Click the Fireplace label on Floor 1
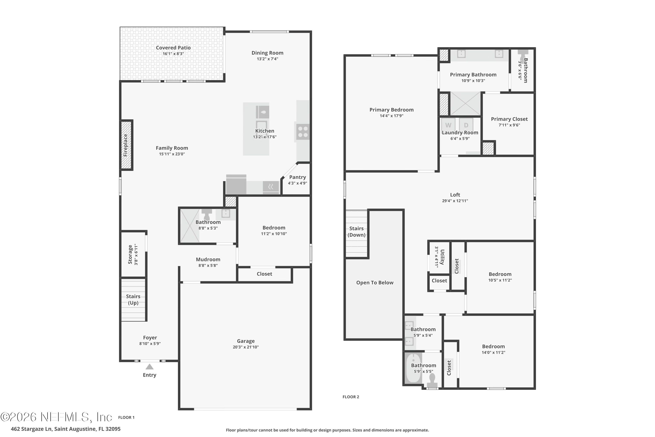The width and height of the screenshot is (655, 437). (x=126, y=145)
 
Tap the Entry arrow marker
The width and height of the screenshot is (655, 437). (x=150, y=367)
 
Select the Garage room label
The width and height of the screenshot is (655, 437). (x=246, y=341)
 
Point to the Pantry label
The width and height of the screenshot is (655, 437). (x=297, y=177)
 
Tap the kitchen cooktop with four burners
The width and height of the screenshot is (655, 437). (x=303, y=132)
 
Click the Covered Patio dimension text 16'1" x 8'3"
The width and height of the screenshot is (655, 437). (x=173, y=54)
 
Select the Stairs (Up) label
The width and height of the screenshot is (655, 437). (x=133, y=300)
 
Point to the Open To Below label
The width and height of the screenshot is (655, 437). (x=375, y=283)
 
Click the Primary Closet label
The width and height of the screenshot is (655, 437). (x=509, y=119)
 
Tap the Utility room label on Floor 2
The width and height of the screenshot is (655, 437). (x=442, y=257)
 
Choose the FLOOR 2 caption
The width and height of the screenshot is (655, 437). (x=351, y=397)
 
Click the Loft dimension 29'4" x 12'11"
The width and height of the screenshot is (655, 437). (x=455, y=201)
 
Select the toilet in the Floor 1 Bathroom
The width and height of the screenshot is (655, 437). (x=207, y=214)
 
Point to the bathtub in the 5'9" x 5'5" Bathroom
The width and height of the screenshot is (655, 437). (x=413, y=368)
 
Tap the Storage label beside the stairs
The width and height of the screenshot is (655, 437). (x=130, y=255)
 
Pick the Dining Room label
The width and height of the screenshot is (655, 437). (x=267, y=53)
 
